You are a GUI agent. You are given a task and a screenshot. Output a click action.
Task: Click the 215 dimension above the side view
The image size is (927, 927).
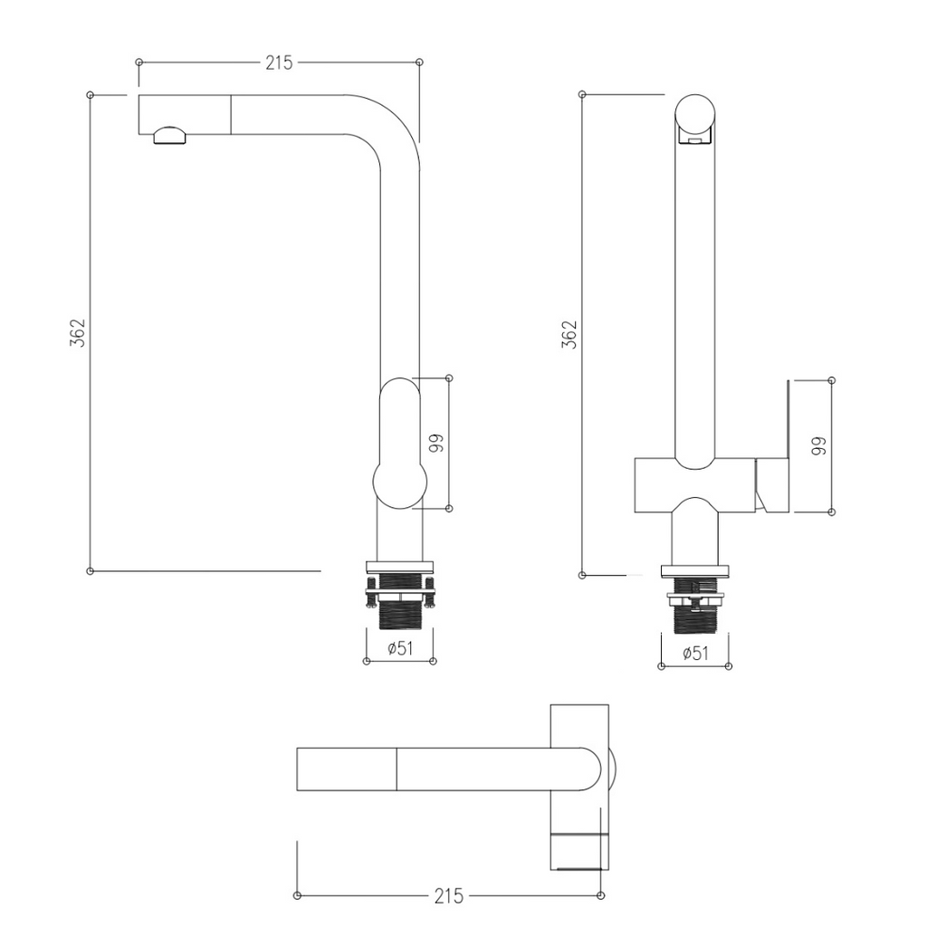coord(279,62)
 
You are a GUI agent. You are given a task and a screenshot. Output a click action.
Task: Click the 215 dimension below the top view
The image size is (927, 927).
coord(449,896)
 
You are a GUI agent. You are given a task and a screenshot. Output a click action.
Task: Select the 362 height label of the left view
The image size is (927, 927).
coord(78,333)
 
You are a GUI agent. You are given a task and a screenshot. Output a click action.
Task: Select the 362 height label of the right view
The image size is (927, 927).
coord(569,335)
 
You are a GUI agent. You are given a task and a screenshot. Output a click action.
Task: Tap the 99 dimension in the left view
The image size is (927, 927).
coord(436,443)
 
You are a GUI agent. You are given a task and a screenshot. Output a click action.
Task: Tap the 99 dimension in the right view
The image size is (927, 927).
coord(818,445)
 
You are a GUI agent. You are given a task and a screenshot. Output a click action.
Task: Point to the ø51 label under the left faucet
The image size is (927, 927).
coord(400,648)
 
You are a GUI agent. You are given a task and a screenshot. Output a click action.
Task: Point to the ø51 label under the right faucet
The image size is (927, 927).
coord(695,654)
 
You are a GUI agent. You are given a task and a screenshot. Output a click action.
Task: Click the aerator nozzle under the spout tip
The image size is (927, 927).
coord(169,135)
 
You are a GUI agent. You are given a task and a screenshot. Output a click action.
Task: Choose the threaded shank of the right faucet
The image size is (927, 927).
coord(695,618)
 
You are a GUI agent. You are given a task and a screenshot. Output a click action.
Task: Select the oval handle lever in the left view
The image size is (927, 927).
coord(399,444)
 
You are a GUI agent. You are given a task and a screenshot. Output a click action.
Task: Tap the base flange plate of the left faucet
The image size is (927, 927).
coord(399,567)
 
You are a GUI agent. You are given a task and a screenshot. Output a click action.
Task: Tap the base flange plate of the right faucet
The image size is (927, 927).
coord(694,572)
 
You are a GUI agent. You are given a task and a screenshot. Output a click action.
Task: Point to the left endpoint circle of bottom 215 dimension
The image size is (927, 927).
coord(297,895)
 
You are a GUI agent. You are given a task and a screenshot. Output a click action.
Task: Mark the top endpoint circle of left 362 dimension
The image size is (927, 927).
coord(90,94)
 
